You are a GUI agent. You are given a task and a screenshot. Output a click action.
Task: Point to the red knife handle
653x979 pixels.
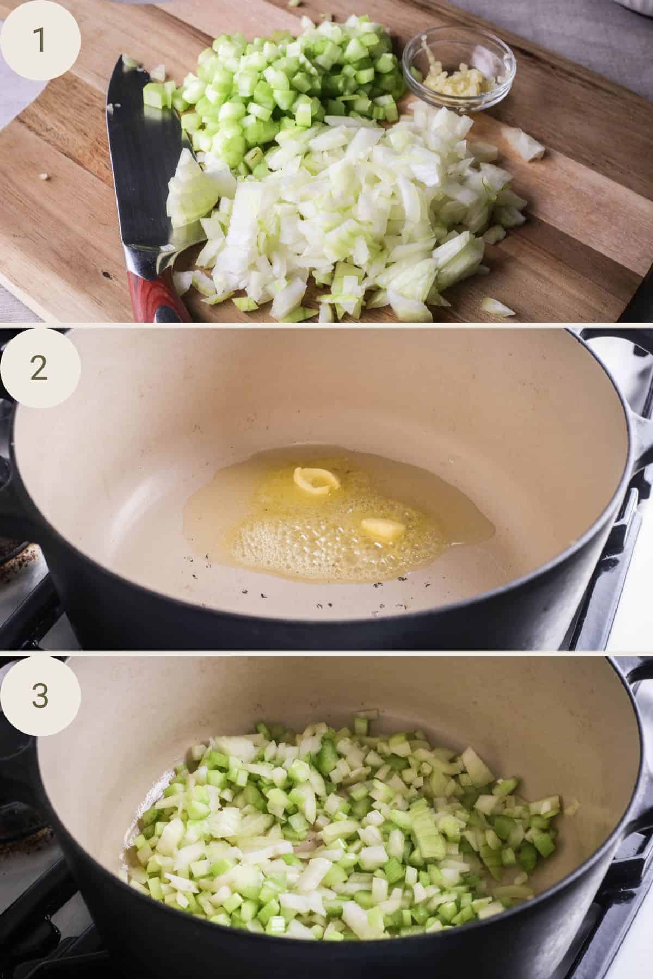(155, 296)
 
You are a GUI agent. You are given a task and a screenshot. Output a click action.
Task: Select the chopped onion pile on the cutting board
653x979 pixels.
(348, 218)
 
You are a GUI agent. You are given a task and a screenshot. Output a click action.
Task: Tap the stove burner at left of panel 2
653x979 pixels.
(16, 549)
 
